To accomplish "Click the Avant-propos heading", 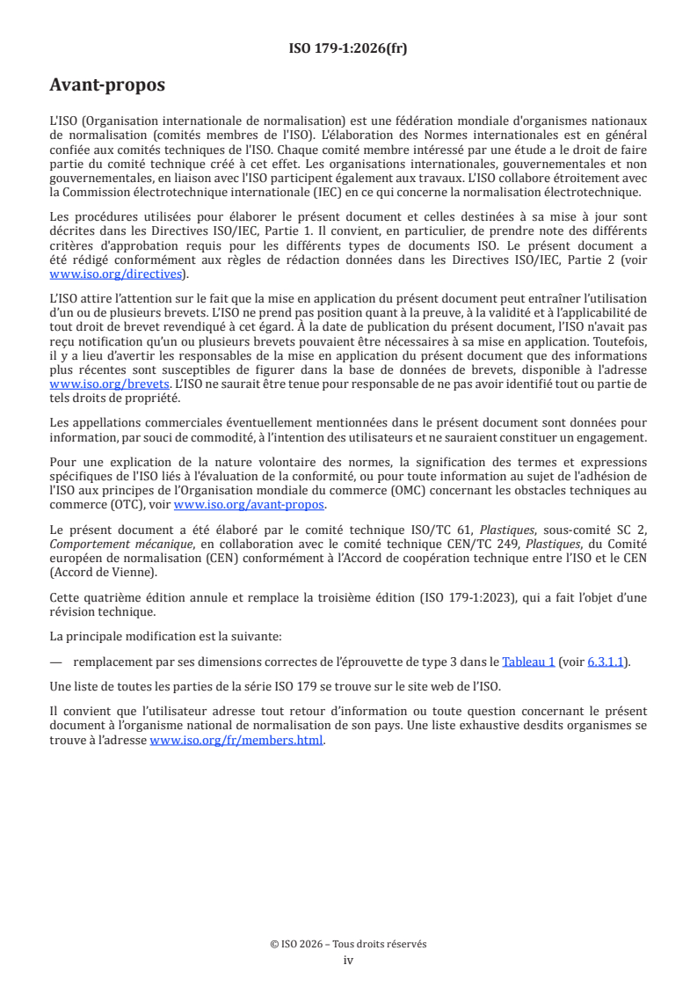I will point(107,85).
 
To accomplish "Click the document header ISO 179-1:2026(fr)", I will point(348,48).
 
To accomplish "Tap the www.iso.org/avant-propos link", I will point(250,504).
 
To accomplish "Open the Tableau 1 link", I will point(528,662).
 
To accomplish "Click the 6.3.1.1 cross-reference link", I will point(608,662).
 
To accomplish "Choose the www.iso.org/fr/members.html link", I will point(237,741).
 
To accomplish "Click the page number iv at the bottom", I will point(348,961).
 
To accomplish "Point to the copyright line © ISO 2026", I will point(348,944).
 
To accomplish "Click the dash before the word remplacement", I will point(57,662).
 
